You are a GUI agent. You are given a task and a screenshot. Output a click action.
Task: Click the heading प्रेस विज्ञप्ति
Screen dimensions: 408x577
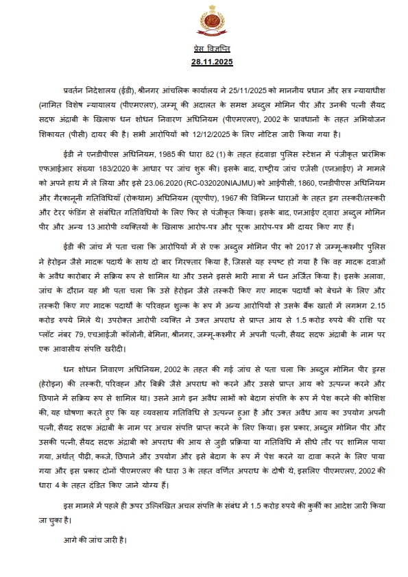(204, 50)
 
